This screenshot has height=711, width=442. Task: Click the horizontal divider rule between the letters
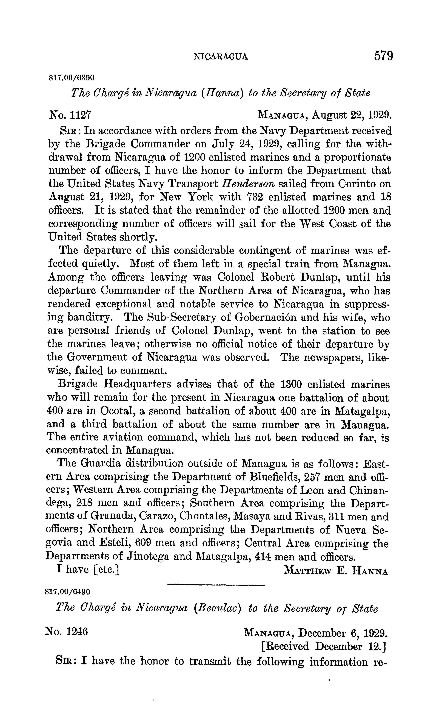pos(216,585)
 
